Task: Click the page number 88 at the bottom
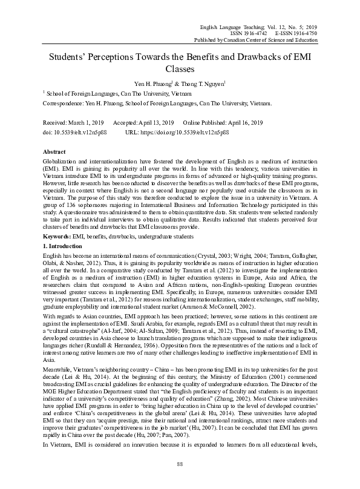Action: (180, 464)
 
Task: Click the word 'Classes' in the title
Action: (180, 70)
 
